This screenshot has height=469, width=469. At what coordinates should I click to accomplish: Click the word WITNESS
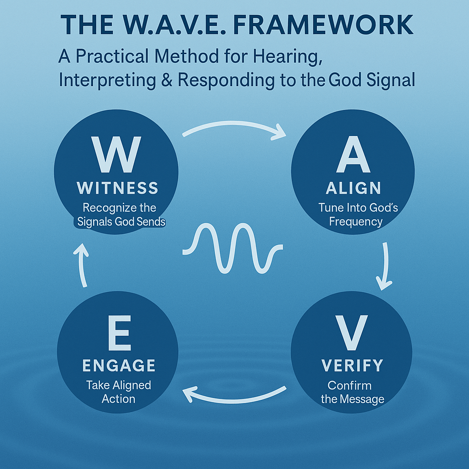(x=118, y=188)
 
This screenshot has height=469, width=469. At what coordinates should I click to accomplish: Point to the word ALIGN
(x=353, y=188)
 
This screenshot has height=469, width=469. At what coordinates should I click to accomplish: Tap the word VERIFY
(x=352, y=365)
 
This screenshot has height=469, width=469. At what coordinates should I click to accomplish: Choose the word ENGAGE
(x=119, y=365)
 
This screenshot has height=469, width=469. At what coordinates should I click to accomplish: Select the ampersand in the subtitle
(x=166, y=80)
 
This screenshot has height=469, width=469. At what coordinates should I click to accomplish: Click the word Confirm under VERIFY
(x=349, y=385)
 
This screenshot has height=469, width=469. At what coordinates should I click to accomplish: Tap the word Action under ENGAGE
(x=119, y=398)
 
